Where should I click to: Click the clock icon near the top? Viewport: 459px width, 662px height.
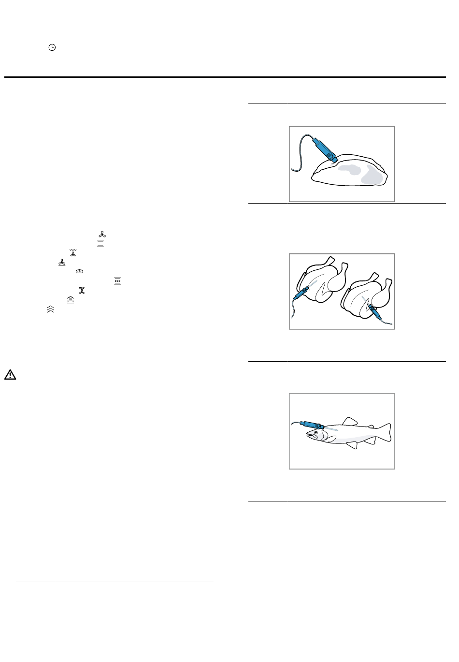tap(52, 47)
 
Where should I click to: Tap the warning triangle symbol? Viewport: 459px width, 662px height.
tap(10, 374)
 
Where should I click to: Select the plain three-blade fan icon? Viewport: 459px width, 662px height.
tap(102, 235)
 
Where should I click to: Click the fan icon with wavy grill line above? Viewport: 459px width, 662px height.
tap(73, 253)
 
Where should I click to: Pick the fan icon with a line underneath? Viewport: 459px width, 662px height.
tap(62, 263)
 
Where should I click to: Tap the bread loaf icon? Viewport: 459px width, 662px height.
tap(79, 272)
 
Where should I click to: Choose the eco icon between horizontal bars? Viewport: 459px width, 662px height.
tap(117, 281)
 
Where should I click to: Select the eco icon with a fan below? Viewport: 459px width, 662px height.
tap(82, 290)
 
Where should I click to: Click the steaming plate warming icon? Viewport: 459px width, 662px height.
tap(70, 300)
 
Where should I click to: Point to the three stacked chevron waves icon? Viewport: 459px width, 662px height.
tap(51, 309)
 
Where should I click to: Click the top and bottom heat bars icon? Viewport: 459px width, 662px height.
tap(100, 244)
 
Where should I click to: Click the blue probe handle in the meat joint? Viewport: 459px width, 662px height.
tap(325, 149)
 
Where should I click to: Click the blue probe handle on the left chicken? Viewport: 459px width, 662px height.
tap(301, 293)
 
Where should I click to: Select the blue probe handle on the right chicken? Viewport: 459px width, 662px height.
tap(373, 311)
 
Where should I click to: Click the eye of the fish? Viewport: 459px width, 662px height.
tap(316, 433)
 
